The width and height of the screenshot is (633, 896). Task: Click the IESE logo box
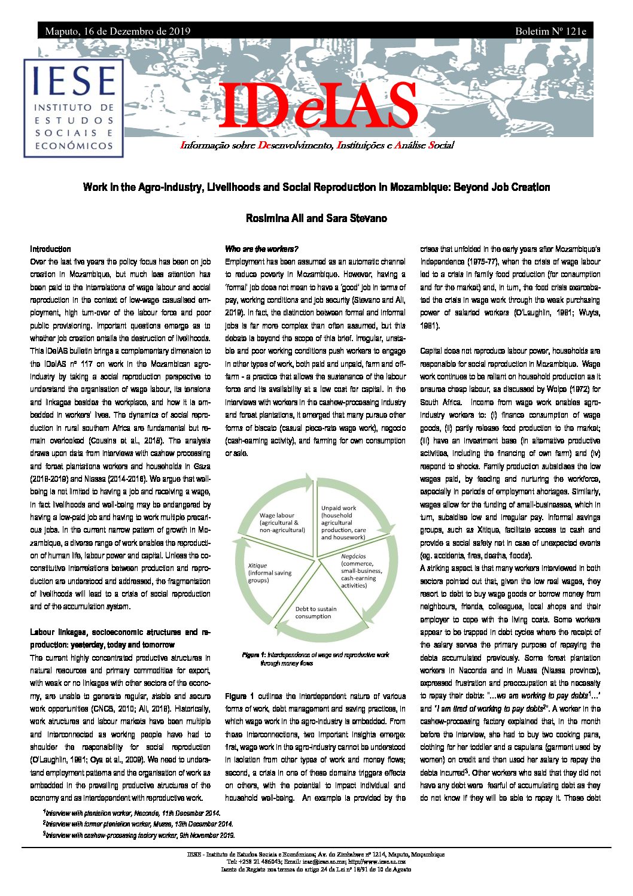tap(74, 108)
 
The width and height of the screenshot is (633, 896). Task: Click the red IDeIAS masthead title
tap(318, 107)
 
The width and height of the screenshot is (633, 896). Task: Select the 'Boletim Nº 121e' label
tap(550, 31)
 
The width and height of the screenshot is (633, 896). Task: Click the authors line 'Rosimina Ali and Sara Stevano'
tap(316, 218)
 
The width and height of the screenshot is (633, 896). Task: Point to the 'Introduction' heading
tap(50, 249)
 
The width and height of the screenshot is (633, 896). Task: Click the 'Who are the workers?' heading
tap(261, 249)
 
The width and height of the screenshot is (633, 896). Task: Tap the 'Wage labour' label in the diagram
tap(277, 515)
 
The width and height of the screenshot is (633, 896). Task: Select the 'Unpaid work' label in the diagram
tap(339, 508)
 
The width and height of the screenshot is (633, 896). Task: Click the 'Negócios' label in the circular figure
tap(353, 556)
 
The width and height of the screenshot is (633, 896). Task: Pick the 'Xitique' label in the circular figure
tap(257, 566)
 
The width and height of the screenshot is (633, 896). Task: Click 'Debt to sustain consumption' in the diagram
tap(315, 612)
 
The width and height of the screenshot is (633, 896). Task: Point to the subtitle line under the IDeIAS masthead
tap(317, 145)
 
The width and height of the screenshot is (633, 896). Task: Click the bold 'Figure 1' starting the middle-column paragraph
tap(239, 696)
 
